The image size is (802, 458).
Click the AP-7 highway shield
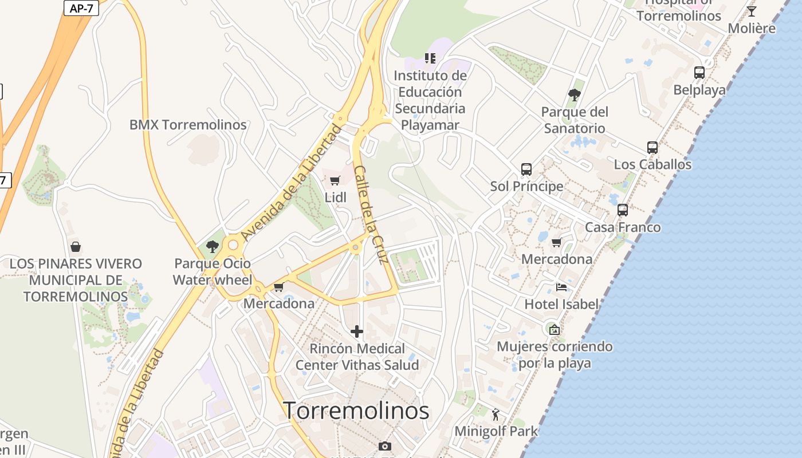pos(81,8)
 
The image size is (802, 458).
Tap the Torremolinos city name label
pos(356,410)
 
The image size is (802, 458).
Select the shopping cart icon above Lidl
pos(335,181)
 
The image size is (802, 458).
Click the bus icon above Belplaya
pos(699,73)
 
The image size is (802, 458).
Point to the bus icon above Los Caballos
pos(652,148)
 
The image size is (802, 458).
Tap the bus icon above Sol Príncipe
pos(526,169)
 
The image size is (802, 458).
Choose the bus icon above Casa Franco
pos(623,210)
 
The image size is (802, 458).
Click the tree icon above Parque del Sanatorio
pos(575,95)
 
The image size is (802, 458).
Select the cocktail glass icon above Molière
pos(752,11)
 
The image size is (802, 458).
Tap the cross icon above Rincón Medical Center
pos(357,331)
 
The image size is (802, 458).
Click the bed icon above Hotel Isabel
pos(561,287)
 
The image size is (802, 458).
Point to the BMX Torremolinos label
pos(188,125)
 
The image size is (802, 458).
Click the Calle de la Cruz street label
pos(371,215)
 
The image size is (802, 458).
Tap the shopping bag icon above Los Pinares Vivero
pos(76,247)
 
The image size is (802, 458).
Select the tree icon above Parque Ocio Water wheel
pos(213,247)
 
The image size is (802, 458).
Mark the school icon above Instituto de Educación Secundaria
pos(430,58)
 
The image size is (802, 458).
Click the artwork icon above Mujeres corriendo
pos(554,330)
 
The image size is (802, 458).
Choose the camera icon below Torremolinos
pos(385,446)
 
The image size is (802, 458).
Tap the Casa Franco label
pos(623,227)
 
